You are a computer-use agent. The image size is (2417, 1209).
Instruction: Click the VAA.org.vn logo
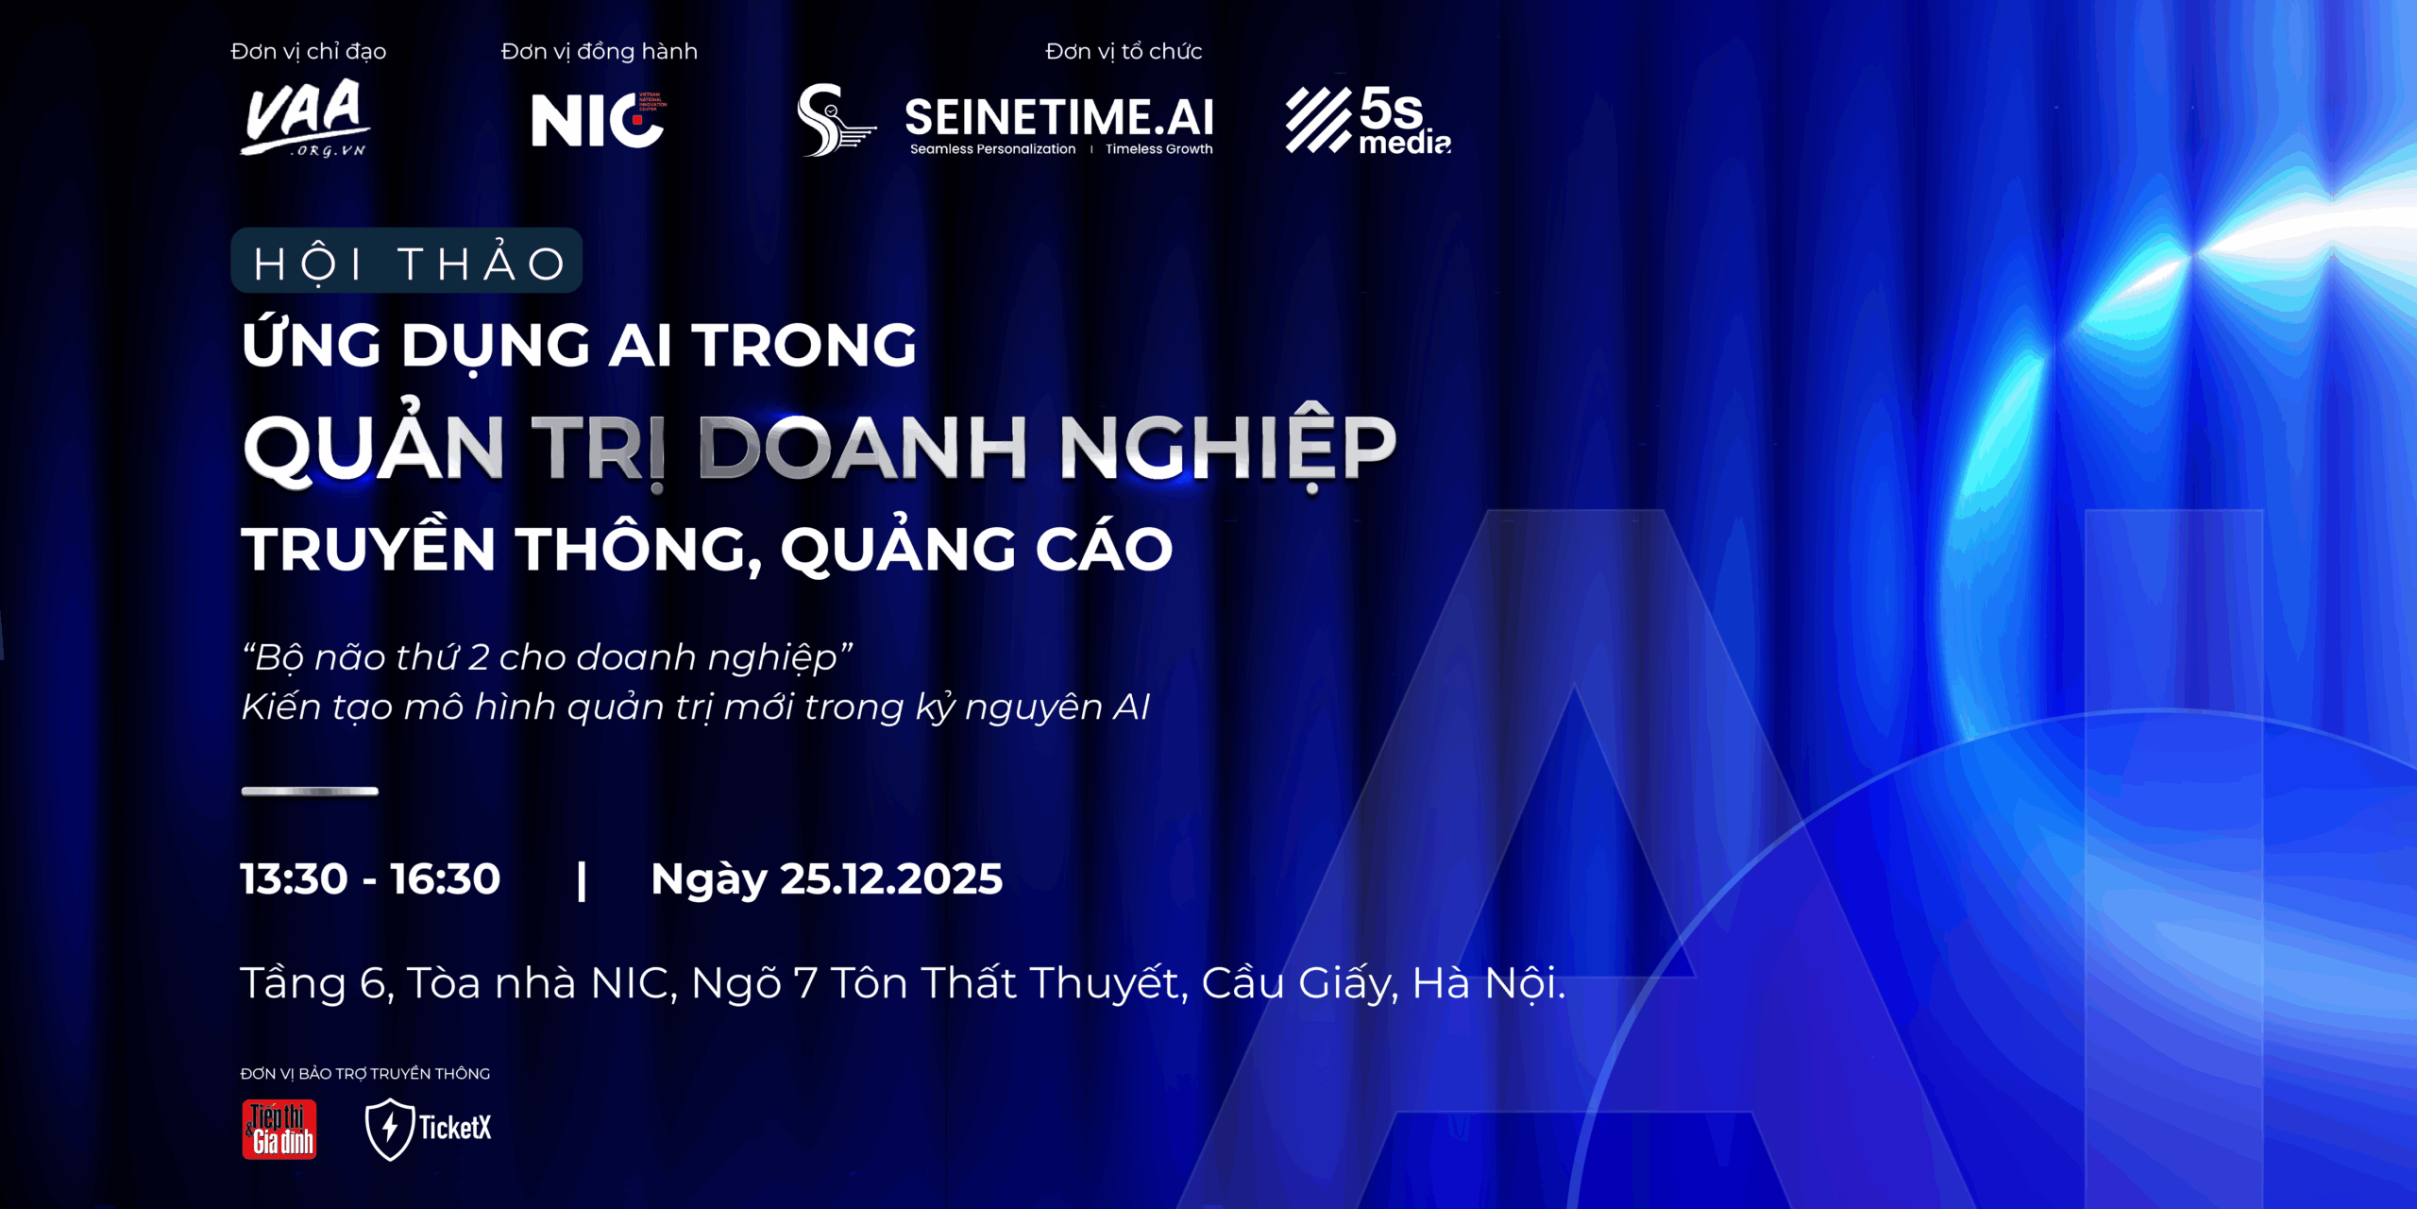[305, 117]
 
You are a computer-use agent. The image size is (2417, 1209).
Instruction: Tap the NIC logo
[599, 120]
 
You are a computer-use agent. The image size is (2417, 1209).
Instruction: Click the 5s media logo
[1368, 120]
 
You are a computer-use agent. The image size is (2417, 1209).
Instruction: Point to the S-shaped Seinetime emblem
[835, 120]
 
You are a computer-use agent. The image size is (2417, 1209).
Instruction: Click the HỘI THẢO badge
[407, 261]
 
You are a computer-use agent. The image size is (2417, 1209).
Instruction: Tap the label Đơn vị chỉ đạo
[309, 52]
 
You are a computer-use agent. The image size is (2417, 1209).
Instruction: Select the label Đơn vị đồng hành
[600, 52]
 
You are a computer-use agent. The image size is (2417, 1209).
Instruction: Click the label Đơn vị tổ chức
[1124, 52]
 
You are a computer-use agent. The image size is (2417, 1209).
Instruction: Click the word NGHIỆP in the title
[1227, 449]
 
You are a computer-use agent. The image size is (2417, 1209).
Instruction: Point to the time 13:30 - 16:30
[370, 879]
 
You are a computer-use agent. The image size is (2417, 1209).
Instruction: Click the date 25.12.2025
[891, 879]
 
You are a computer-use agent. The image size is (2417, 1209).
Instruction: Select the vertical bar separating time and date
[582, 881]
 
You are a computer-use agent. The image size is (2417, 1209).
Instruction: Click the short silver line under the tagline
[310, 792]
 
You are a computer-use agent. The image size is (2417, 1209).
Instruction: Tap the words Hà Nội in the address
[1489, 982]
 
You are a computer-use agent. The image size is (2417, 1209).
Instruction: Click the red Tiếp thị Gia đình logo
[279, 1129]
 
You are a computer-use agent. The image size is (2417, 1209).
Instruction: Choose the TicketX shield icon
[389, 1129]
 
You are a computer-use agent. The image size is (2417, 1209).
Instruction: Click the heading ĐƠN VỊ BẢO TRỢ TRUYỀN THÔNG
[365, 1074]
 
